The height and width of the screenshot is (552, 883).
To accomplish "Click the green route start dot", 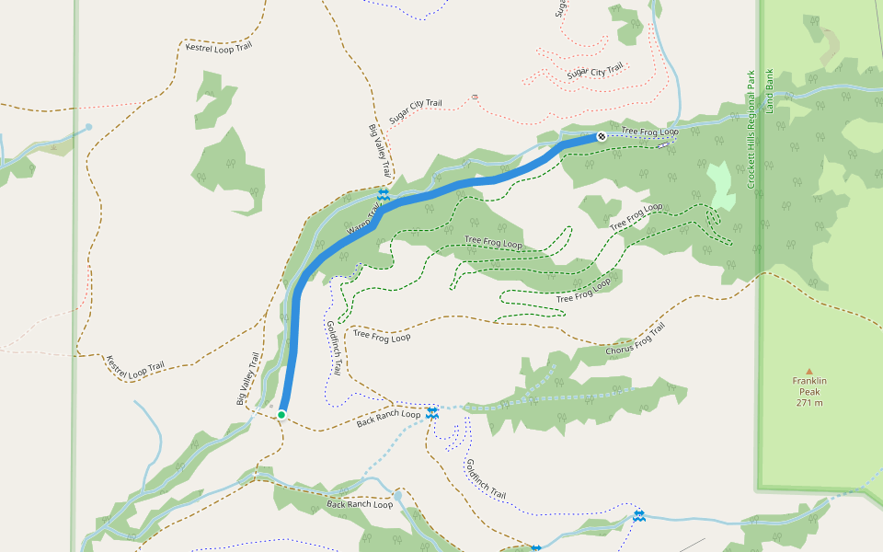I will [281, 415].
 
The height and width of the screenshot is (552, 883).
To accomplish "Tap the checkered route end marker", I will [602, 136].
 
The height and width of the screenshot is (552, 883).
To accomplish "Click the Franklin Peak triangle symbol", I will [809, 371].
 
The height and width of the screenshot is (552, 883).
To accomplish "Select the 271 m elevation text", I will [809, 402].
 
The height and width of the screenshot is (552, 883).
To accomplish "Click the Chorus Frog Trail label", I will [635, 340].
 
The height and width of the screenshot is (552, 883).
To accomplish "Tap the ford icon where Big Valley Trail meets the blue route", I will [383, 195].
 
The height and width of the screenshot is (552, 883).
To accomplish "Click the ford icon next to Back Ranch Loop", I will [431, 413].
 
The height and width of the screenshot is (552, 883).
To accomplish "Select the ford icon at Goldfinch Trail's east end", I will [639, 516].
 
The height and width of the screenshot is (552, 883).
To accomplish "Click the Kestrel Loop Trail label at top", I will [218, 47].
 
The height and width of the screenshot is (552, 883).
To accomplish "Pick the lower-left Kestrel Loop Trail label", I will [135, 366].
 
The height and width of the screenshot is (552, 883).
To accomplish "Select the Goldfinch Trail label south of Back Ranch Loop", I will [486, 479].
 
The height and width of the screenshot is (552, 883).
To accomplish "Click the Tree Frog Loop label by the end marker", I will [649, 132].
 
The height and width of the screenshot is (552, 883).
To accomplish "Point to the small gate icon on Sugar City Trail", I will [474, 96].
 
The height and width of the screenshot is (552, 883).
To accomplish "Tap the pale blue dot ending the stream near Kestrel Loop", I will [88, 127].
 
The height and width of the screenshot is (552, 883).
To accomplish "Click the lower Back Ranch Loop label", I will [360, 505].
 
